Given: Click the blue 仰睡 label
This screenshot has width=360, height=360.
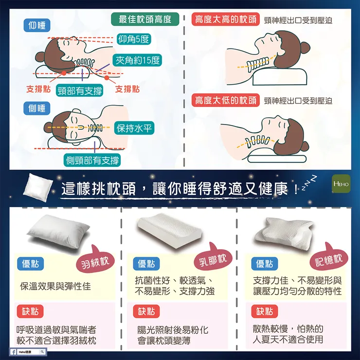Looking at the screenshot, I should (x=36, y=26).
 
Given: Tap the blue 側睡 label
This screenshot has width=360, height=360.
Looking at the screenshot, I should (x=36, y=108).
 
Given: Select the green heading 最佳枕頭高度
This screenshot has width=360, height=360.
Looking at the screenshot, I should (x=145, y=19).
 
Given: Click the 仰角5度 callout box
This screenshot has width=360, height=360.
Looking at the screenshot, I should (x=134, y=39).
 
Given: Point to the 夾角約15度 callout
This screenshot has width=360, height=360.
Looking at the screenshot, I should (x=137, y=60).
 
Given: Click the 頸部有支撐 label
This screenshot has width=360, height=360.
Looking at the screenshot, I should (x=79, y=90).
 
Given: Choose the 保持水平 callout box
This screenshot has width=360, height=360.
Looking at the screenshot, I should (x=134, y=128).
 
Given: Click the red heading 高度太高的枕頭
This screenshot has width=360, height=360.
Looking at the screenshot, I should (x=225, y=19).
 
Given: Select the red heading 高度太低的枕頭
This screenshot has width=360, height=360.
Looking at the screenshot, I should (x=225, y=101).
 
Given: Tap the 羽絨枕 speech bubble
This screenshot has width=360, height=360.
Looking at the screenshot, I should (x=95, y=264).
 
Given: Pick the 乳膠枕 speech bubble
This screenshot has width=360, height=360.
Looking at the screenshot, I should (x=213, y=260).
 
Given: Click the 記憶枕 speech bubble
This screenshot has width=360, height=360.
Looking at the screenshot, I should (x=329, y=260).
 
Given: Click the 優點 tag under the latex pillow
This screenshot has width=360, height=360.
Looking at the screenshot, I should (x=146, y=264).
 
